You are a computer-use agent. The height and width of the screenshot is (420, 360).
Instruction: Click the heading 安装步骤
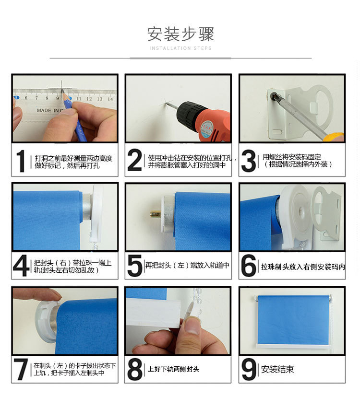pyautogui.click(x=180, y=34)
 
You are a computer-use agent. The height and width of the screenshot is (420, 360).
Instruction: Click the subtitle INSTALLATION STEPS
pyautogui.click(x=180, y=48)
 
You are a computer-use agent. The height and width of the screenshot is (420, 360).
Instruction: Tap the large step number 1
pyautogui.click(x=21, y=161)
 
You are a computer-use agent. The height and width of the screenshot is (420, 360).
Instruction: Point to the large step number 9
pyautogui.click(x=249, y=370)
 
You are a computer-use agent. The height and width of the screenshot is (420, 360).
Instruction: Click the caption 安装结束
pyautogui.click(x=277, y=370)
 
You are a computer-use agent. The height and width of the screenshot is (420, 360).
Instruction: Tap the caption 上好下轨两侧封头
pyautogui.click(x=173, y=369)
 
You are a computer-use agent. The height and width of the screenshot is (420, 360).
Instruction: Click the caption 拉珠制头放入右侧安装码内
pyautogui.click(x=302, y=267)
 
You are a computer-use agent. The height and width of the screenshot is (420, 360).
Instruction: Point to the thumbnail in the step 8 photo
pyautogui.click(x=192, y=327)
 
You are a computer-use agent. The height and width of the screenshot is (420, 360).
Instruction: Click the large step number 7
pyautogui.click(x=21, y=370)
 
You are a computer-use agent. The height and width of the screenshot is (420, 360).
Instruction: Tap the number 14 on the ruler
pyautogui.click(x=110, y=99)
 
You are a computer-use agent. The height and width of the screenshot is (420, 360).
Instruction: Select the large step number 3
pyautogui.click(x=249, y=161)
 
